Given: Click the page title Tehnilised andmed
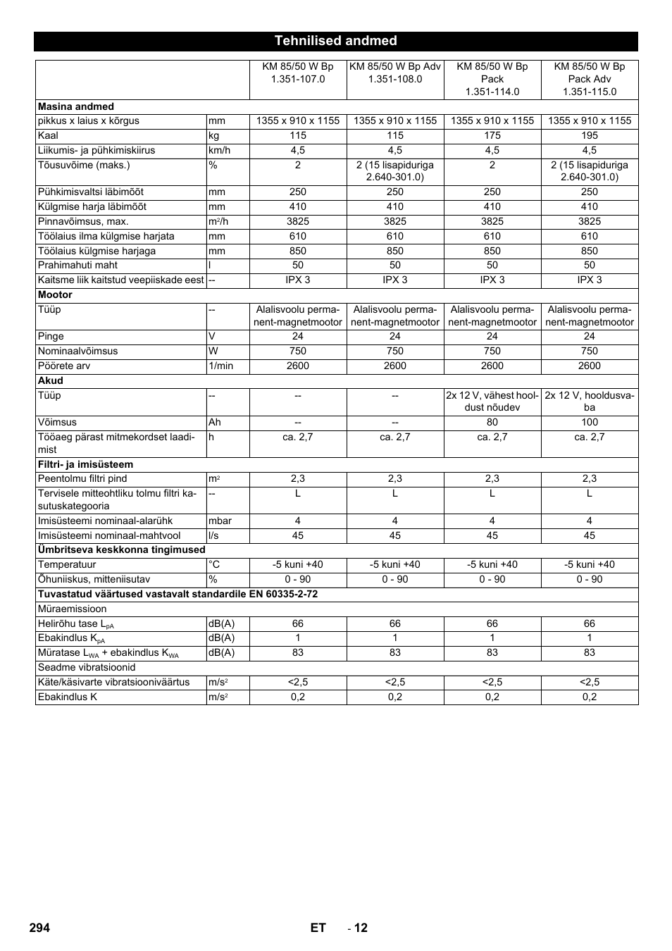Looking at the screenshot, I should click(335, 41).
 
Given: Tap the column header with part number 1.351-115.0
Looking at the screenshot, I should click(589, 79).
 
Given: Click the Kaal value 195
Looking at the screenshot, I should click(589, 135).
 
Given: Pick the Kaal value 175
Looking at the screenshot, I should click(492, 135).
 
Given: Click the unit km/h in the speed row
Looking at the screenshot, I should click(219, 150).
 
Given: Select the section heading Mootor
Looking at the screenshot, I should click(55, 294).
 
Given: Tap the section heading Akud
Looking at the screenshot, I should click(51, 380).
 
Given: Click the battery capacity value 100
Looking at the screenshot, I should click(589, 422).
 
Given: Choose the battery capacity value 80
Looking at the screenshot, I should click(492, 422).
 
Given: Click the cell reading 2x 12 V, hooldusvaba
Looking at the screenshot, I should click(589, 402).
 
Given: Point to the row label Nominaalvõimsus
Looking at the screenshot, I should click(77, 351).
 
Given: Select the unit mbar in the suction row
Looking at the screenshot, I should click(220, 521).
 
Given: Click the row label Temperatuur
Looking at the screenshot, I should click(67, 564).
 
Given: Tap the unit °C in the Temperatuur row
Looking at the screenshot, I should click(214, 564).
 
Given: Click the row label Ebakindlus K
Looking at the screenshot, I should click(67, 697).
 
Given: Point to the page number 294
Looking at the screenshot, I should click(39, 927).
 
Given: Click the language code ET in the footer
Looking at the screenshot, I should click(318, 927).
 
